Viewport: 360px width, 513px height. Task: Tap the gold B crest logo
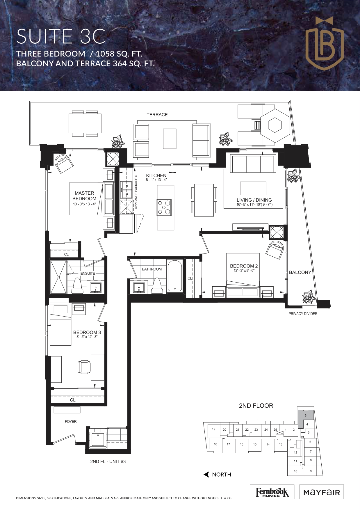pyautogui.click(x=325, y=41)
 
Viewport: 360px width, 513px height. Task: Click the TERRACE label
pyautogui.click(x=157, y=115)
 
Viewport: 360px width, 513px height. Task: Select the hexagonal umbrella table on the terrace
pyautogui.click(x=275, y=125)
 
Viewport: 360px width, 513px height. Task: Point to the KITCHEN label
pyautogui.click(x=156, y=175)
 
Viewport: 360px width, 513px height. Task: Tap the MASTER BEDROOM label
pyautogui.click(x=84, y=196)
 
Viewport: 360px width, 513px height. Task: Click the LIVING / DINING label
pyautogui.click(x=254, y=200)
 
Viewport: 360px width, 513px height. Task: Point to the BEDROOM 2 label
pyautogui.click(x=244, y=266)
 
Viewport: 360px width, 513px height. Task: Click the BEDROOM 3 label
pyautogui.click(x=87, y=332)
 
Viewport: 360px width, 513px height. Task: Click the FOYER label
pyautogui.click(x=71, y=421)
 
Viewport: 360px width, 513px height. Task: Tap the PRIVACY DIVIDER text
pyautogui.click(x=303, y=314)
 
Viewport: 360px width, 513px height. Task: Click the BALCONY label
pyautogui.click(x=300, y=272)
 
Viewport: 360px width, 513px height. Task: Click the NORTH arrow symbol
pyautogui.click(x=206, y=475)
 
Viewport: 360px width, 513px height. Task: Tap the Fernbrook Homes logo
pyautogui.click(x=272, y=492)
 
